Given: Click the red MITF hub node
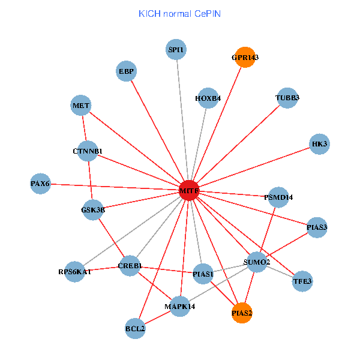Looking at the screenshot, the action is click(189, 191).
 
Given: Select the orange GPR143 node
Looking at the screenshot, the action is click(244, 58).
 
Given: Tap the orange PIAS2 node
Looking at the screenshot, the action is click(242, 313).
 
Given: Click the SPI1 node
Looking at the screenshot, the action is click(176, 49).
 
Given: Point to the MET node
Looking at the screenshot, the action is click(81, 106).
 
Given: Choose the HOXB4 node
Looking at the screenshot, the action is click(208, 98).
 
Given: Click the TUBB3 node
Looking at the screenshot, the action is click(287, 98).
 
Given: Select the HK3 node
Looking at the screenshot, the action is click(320, 144).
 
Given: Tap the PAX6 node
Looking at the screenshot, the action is click(41, 183).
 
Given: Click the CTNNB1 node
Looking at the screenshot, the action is click(88, 151).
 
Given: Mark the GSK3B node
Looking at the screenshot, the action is click(93, 210).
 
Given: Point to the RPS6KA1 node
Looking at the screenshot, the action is click(75, 272).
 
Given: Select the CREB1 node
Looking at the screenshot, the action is click(130, 266).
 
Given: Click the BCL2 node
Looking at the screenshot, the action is click(136, 328).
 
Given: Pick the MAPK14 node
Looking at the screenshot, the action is click(180, 307).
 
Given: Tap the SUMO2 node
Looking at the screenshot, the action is click(257, 262).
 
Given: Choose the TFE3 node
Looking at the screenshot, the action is click(302, 281).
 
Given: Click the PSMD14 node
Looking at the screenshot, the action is click(279, 197).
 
